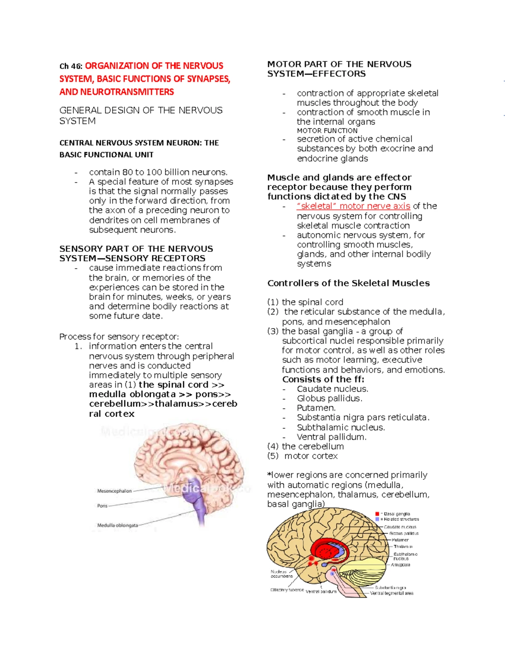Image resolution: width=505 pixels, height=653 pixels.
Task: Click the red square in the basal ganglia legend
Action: coord(377,514)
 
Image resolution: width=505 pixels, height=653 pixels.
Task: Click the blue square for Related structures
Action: coord(377,519)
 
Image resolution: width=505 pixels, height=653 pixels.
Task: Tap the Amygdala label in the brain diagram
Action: coord(400,565)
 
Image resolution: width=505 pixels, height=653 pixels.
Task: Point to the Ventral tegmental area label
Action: coord(391,593)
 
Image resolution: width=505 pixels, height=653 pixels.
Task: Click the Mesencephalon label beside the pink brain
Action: coord(114,491)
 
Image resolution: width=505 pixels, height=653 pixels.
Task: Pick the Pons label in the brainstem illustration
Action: coord(102,506)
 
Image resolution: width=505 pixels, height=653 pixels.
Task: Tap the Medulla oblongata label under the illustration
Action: coord(117,525)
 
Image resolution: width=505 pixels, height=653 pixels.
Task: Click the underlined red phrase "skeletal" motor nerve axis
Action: coord(353,206)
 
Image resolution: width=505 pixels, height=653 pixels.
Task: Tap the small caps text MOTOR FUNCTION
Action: coord(327,131)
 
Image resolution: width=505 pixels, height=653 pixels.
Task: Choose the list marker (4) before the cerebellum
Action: coord(273,447)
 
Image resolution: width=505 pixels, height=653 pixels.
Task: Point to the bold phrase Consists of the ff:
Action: coord(323,379)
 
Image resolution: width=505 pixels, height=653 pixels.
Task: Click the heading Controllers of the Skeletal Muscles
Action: coord(348,283)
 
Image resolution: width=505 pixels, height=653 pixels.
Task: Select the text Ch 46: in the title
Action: coord(71,66)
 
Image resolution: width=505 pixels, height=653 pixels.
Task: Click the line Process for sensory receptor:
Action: coord(119,336)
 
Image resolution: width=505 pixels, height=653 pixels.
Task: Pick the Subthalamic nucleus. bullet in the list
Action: coord(341,427)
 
